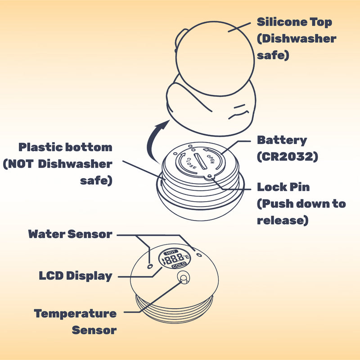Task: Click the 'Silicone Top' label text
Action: coord(294,22)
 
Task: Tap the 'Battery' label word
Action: coord(282,140)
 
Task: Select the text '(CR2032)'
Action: coord(288,157)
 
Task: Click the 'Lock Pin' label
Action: coord(283,187)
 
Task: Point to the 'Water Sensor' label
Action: coord(70,234)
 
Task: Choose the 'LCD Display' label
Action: coord(76,276)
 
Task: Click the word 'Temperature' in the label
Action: coord(75,314)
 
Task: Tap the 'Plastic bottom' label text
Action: coord(65,147)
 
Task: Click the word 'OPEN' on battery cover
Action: coord(211,159)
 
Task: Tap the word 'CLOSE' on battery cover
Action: coord(191,163)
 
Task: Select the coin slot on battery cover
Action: coord(200,162)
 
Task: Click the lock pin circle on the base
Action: coord(210,176)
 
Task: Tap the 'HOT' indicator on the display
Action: coord(171,252)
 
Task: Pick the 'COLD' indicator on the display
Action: coord(179,265)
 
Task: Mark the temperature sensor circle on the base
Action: coord(183,277)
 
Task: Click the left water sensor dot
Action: coord(150,266)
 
